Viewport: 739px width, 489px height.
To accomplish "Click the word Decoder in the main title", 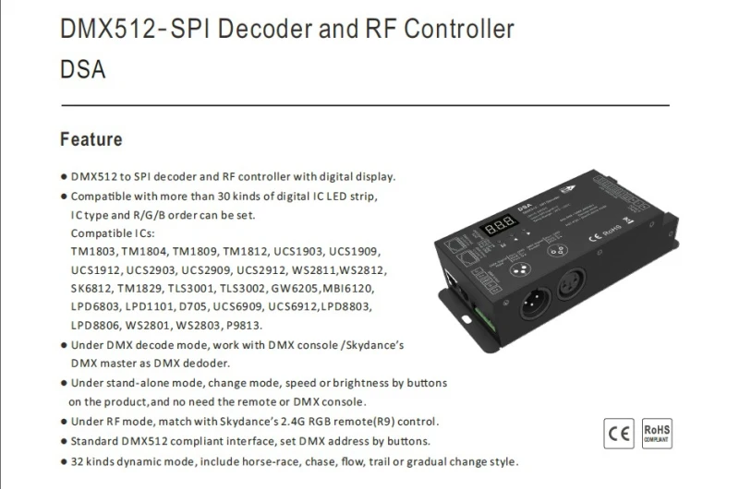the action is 265,29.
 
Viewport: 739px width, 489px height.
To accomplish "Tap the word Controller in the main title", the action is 459,29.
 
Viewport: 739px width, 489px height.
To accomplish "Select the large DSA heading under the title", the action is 82,69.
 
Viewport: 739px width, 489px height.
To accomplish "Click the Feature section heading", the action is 91,139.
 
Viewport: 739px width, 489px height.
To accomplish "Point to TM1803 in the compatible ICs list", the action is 93,251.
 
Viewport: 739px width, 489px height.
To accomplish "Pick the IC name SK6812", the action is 91,288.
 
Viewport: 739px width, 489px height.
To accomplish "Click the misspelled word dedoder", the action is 206,364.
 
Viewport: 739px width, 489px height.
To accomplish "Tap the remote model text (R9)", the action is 383,422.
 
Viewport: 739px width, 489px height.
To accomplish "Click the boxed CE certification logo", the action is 619,434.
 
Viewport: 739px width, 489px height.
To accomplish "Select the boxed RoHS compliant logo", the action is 657,434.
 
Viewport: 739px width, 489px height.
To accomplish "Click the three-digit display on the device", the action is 499,225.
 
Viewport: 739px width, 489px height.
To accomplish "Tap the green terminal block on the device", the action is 484,318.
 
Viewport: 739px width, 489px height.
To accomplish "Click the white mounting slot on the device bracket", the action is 466,320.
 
